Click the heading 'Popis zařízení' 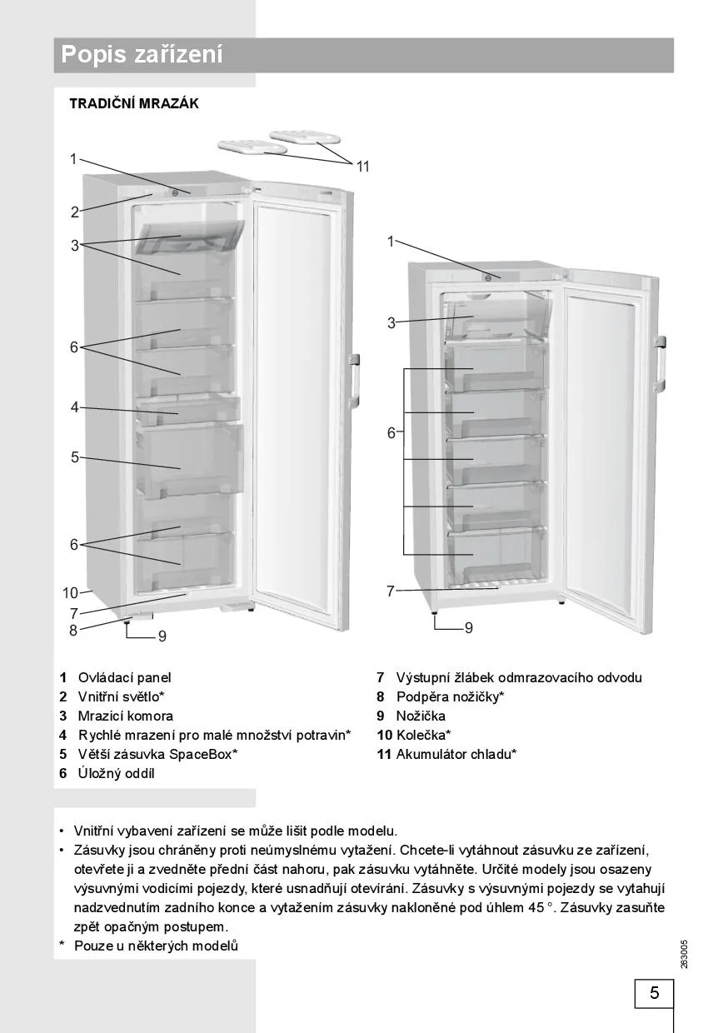point(142,56)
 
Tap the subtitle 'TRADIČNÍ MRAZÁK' point(134,104)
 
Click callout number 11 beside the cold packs point(363,167)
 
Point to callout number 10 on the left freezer point(70,593)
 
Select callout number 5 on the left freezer point(74,457)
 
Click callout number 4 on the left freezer point(74,407)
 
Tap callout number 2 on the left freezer point(74,212)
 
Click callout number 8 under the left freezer point(73,631)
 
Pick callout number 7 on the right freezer point(390,591)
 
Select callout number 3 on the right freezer point(391,323)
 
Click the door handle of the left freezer point(354,380)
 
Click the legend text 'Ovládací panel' point(124,678)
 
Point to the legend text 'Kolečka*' point(424,736)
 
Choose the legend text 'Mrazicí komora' point(126,716)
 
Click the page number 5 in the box point(654,993)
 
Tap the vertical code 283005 point(684,954)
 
